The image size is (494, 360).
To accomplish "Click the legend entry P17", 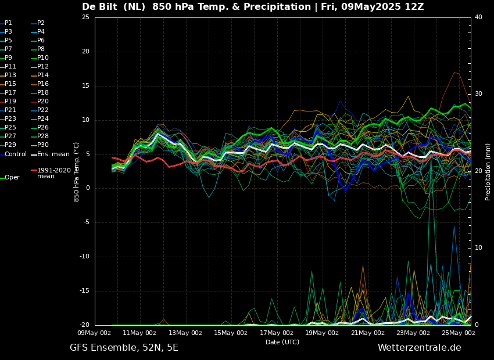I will point(10,93).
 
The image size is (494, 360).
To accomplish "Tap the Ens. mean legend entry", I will point(53,154).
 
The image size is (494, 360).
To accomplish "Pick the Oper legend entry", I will point(12,178).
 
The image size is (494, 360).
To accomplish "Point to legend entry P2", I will point(41,23).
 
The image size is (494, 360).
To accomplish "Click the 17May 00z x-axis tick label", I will point(277,333).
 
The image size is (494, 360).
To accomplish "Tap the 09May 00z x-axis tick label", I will point(94,333).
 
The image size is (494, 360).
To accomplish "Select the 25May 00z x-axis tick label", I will point(459,333).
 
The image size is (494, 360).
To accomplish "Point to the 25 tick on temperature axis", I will point(85,17).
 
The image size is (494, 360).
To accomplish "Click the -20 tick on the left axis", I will point(84,325).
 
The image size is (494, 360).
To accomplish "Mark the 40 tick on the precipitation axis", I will point(478,17).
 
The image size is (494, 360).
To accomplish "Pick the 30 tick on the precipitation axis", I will point(478,94).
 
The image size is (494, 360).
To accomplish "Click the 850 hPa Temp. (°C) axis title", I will point(77,171).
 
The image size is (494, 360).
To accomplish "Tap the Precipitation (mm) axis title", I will point(488,171).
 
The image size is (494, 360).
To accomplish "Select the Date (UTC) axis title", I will point(282,342).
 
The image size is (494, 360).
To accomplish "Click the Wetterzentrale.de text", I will point(419,348).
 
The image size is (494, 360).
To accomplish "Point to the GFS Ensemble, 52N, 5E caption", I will point(124,348).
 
